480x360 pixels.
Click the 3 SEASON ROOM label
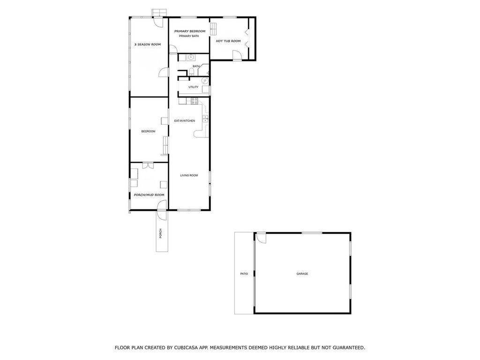[147, 45]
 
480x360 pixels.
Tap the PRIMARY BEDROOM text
[190, 31]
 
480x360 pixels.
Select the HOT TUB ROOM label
[228, 41]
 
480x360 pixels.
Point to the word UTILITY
[193, 87]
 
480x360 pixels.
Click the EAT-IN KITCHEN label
[185, 121]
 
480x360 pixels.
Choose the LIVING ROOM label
[189, 175]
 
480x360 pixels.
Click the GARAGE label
[302, 274]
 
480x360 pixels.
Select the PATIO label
[244, 274]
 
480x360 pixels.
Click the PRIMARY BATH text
[189, 36]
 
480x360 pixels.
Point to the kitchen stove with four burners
[195, 101]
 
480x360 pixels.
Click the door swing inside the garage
[261, 238]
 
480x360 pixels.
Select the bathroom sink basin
[191, 58]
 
